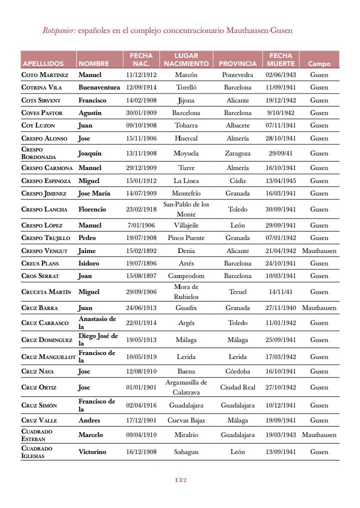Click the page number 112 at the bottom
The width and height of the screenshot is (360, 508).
[x=180, y=480]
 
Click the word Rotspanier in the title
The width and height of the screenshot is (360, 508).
[x=59, y=30]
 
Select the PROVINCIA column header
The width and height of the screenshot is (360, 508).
[x=237, y=63]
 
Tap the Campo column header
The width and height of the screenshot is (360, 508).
[x=319, y=63]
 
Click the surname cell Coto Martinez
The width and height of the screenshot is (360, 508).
[x=45, y=75]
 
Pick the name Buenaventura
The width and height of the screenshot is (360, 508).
[x=99, y=87]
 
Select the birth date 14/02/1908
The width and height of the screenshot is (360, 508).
[x=141, y=100]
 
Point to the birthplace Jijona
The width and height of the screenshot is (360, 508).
[x=186, y=100]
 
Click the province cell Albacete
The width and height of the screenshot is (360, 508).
[x=237, y=125]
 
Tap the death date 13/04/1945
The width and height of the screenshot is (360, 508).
[x=280, y=181]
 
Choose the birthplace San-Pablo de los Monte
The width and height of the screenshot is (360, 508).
[x=186, y=209]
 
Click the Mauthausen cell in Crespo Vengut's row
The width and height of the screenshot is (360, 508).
[x=319, y=251]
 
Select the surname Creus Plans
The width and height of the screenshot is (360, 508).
[x=39, y=263]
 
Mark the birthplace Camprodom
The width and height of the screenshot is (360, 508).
[x=186, y=276]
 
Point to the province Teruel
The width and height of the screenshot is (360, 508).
[x=237, y=292]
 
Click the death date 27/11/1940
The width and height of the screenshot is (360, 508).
[x=280, y=308]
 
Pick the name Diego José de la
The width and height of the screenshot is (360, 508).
[x=98, y=339]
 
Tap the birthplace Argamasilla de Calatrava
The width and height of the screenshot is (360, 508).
[x=186, y=387]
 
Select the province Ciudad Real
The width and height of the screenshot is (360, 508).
[x=237, y=387]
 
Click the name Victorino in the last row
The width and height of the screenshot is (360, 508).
[x=92, y=452]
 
